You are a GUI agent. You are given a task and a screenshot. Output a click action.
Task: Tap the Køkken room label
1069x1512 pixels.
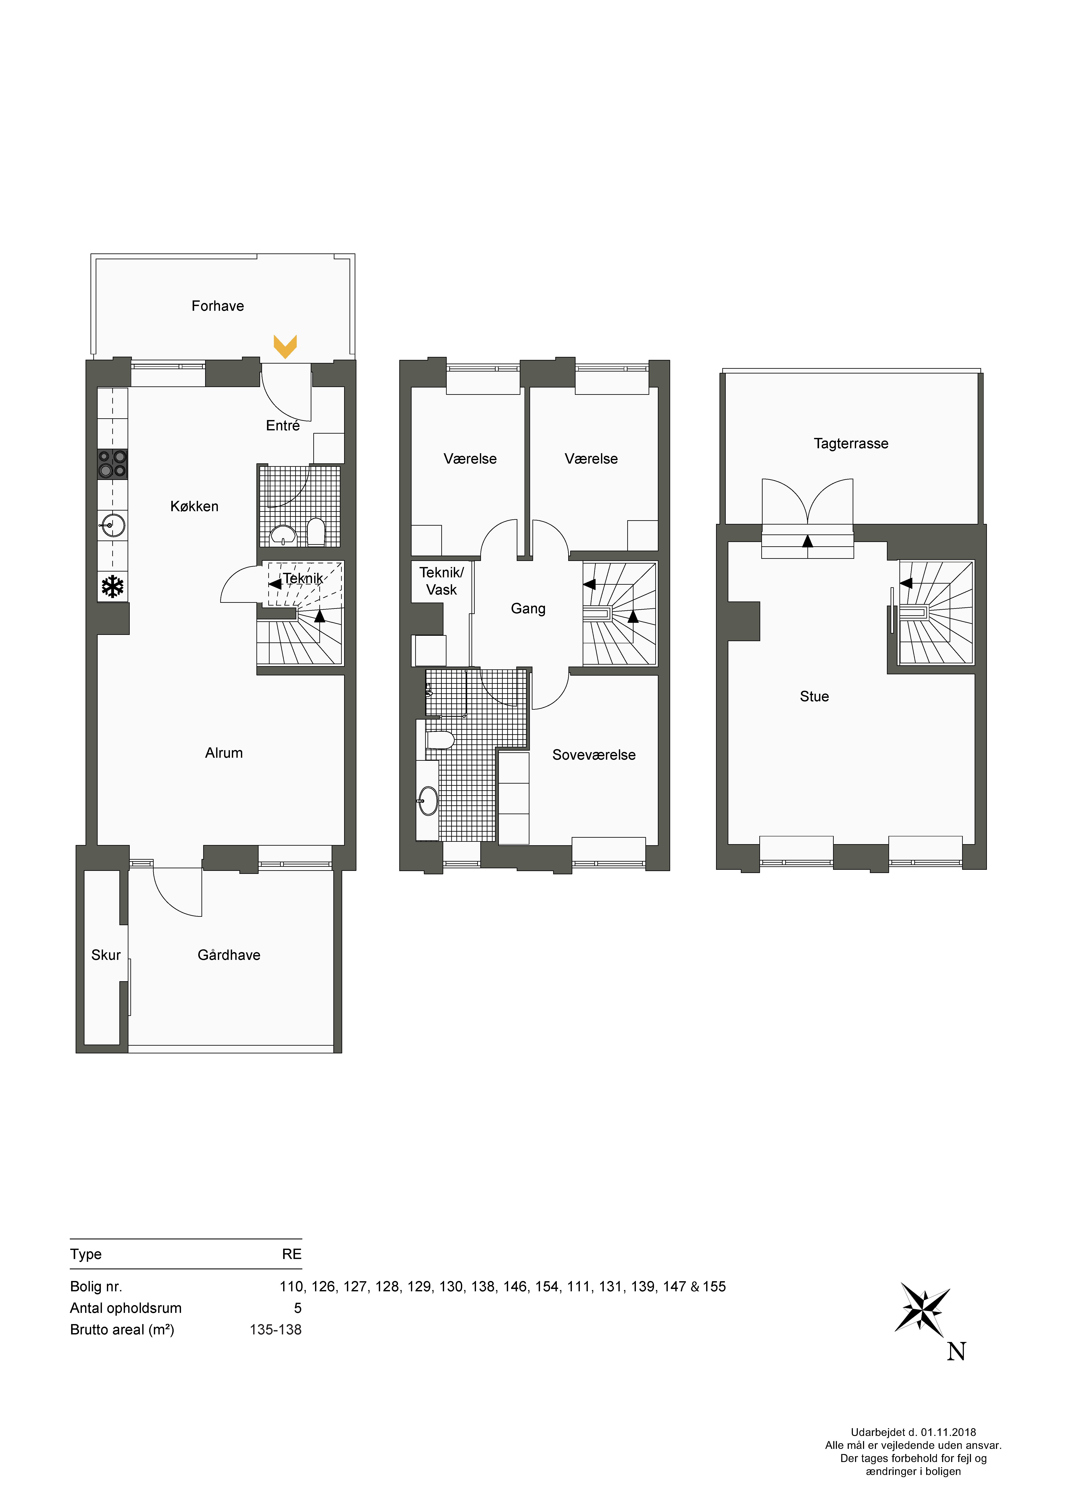coord(194,506)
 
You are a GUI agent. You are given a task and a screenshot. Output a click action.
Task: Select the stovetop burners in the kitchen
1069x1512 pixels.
coord(113,464)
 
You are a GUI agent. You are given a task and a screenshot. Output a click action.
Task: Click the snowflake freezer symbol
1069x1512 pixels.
coord(113,587)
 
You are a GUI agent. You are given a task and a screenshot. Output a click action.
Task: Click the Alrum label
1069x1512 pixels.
coord(224,753)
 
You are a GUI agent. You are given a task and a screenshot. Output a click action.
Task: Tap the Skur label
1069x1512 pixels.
coord(106,955)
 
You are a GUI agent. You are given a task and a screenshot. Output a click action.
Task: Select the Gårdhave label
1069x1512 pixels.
coord(229,955)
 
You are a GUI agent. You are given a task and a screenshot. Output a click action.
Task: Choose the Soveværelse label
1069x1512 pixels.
coord(594,755)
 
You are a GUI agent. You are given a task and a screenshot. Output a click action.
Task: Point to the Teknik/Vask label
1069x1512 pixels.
coord(441,581)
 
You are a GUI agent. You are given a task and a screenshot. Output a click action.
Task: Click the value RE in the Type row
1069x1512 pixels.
coord(292,1254)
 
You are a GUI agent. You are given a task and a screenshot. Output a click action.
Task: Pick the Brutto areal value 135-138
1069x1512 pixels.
coord(275,1330)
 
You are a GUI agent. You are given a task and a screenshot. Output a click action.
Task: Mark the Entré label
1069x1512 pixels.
coord(282,425)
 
